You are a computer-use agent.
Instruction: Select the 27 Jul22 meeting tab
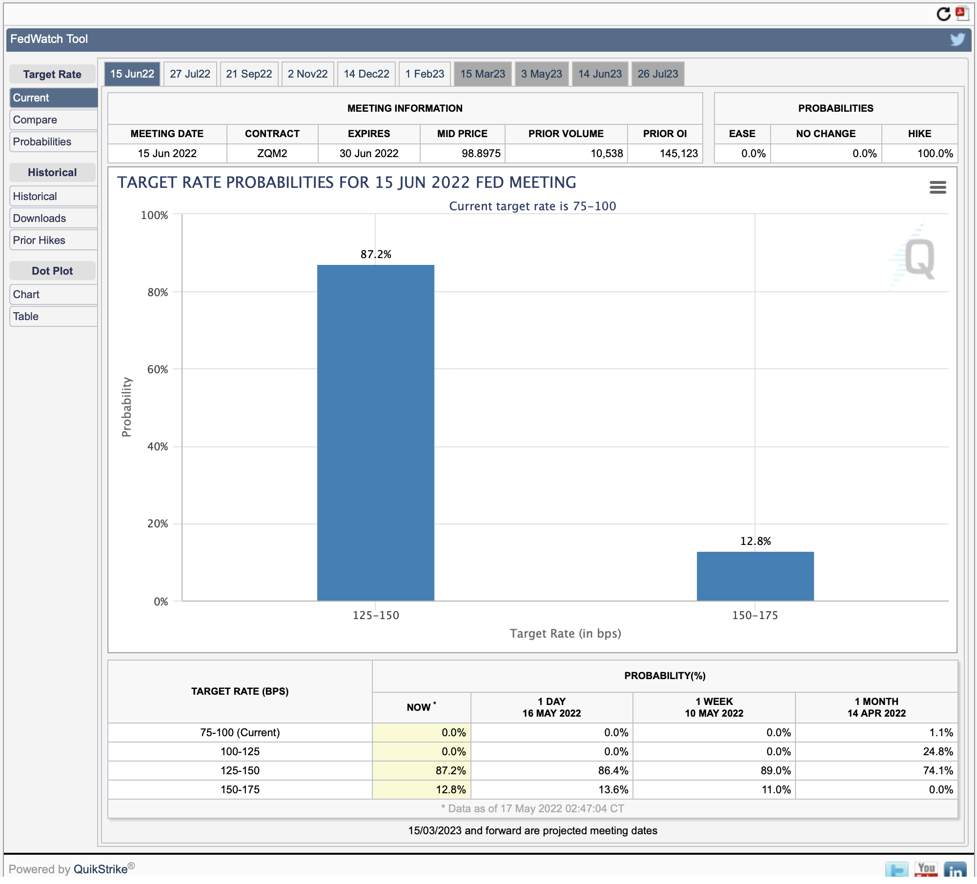click(190, 74)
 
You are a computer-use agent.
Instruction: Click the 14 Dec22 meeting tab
click(366, 74)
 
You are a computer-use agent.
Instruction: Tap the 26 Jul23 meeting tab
click(658, 74)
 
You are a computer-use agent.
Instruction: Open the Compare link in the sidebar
click(35, 120)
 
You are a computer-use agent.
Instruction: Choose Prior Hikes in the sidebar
click(39, 240)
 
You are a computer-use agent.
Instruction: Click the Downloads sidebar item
click(40, 218)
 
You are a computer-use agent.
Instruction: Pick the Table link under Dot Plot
click(26, 316)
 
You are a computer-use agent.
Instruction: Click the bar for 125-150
click(376, 433)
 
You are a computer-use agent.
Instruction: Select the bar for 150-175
click(755, 576)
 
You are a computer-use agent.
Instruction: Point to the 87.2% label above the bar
click(376, 254)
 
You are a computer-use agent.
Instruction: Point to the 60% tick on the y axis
click(158, 369)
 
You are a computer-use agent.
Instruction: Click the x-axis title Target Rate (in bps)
click(565, 633)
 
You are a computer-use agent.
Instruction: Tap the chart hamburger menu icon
click(937, 187)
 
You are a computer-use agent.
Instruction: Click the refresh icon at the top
click(943, 14)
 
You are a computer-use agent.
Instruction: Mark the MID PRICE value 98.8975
click(481, 153)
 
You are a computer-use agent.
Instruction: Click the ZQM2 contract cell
click(272, 153)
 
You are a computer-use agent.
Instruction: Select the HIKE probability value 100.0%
click(935, 153)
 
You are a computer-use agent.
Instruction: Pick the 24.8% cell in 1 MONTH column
click(938, 751)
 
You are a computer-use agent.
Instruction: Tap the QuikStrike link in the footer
click(101, 869)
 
